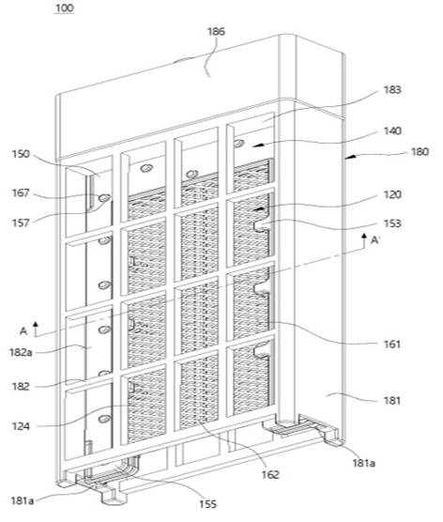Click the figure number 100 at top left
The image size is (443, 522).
[x=64, y=8]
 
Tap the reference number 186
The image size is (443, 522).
[x=217, y=32]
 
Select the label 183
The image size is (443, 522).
[x=392, y=90]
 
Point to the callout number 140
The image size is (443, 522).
[x=392, y=130]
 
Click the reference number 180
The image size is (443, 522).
[x=420, y=152]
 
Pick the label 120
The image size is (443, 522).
[x=392, y=194]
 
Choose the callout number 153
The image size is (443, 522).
[x=392, y=223]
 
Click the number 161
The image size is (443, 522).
[x=392, y=344]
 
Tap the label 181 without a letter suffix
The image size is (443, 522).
[x=392, y=400]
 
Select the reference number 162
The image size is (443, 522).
[x=270, y=474]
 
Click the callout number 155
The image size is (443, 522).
[x=208, y=504]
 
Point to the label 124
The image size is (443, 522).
[x=21, y=426]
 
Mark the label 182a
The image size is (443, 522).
[x=22, y=352]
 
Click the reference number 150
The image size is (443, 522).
[x=21, y=154]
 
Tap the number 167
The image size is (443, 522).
[x=21, y=192]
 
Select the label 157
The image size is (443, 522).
[x=21, y=223]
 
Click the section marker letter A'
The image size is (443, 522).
[x=375, y=239]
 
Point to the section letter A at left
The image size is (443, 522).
[x=23, y=330]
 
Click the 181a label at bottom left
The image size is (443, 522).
[x=23, y=500]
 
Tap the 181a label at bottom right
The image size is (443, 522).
[x=364, y=463]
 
